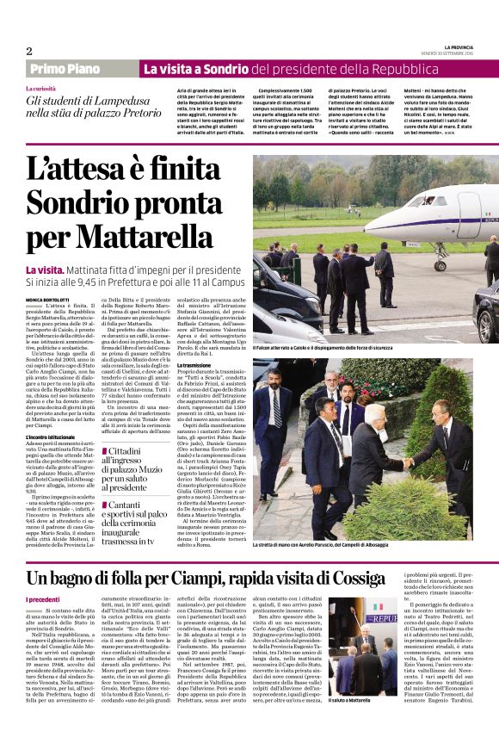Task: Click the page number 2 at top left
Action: (28, 51)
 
